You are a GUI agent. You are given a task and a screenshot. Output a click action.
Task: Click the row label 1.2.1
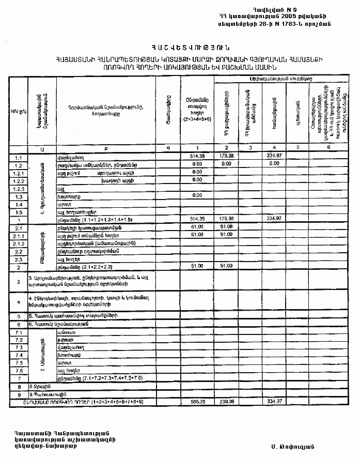[19, 172]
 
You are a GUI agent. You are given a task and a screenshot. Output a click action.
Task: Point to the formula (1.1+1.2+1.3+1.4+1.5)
[102, 219]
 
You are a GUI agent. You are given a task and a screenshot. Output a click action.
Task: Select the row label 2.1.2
[19, 243]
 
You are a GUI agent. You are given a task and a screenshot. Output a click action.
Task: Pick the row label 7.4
[19, 355]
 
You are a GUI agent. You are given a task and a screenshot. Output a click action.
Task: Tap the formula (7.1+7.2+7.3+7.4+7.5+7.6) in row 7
[114, 378]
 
